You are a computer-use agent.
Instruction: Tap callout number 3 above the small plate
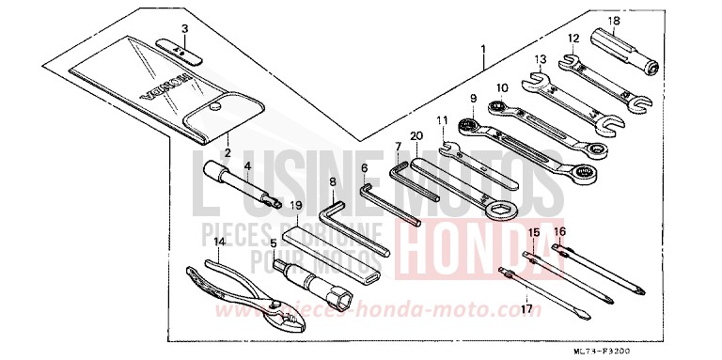[185, 28]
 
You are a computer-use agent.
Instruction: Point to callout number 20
[416, 134]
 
